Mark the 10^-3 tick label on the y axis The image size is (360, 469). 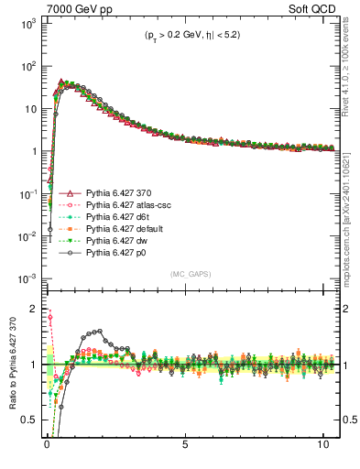pyautogui.click(x=27, y=278)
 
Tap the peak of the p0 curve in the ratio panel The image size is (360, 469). pyautogui.click(x=98, y=331)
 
